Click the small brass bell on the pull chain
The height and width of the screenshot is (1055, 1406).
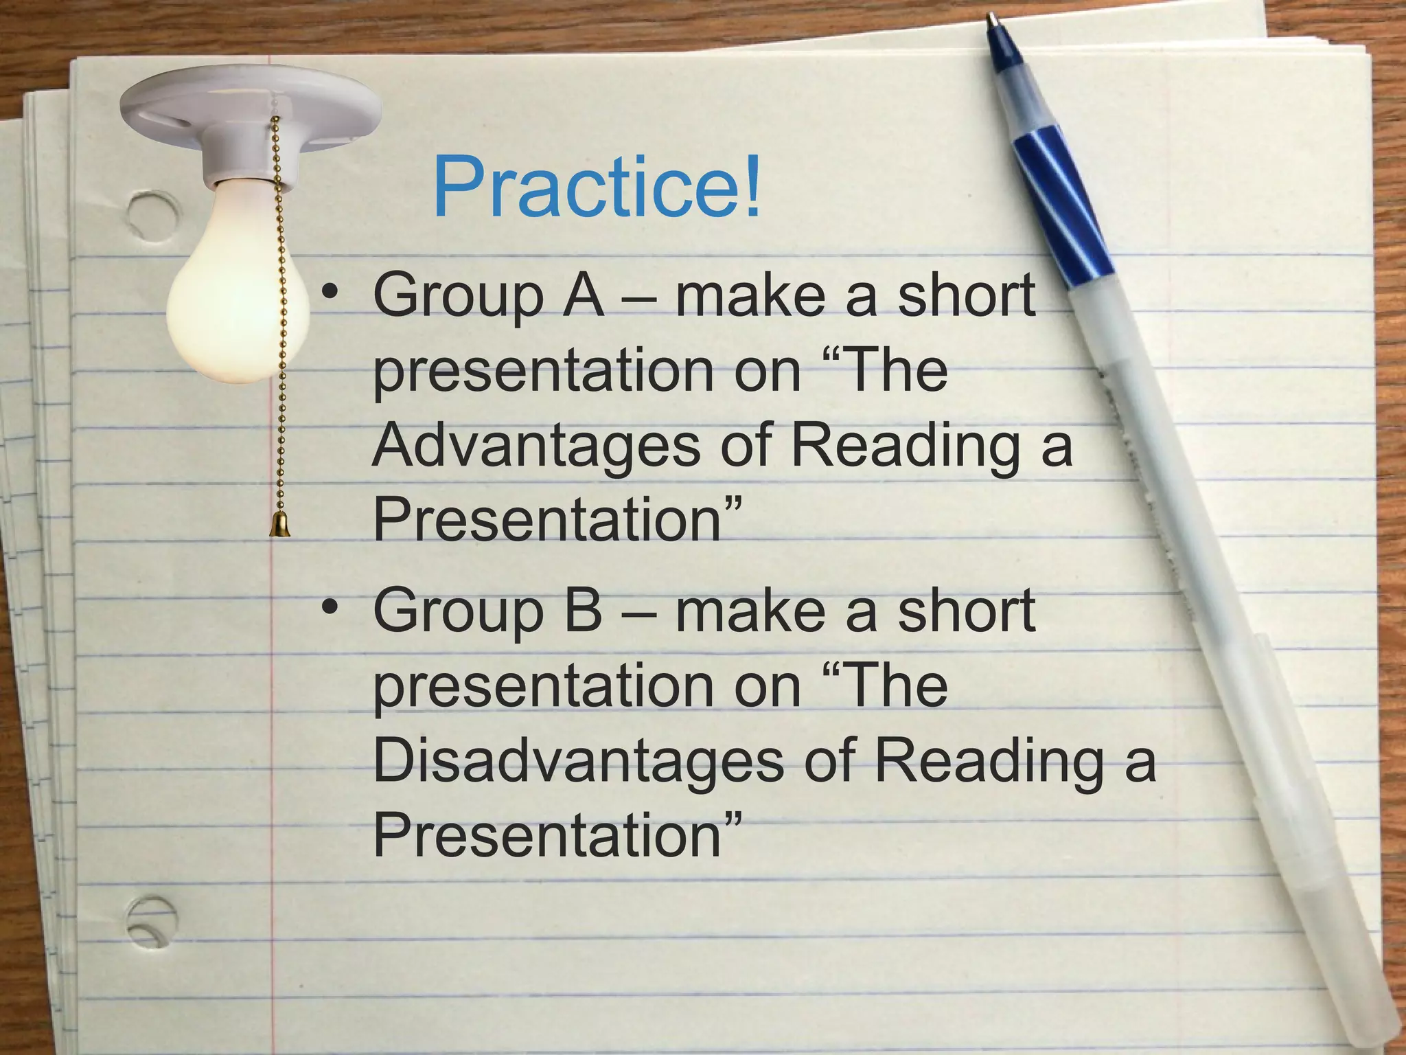tap(279, 525)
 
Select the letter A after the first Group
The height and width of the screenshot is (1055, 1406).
tap(583, 296)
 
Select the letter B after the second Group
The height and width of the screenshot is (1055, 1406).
tap(583, 611)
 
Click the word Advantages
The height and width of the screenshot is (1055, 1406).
tap(536, 445)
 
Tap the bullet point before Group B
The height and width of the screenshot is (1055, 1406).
tap(331, 607)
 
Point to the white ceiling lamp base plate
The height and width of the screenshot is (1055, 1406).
tap(251, 110)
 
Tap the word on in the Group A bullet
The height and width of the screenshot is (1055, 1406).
tap(768, 372)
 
